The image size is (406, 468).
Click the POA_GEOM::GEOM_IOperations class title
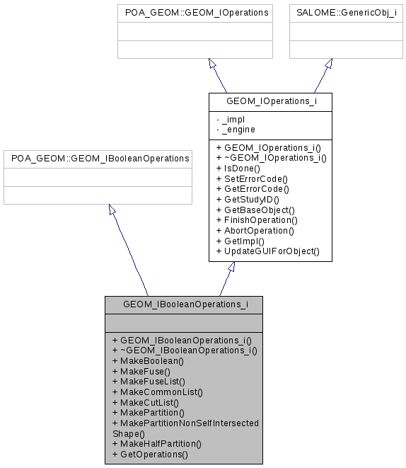(195, 13)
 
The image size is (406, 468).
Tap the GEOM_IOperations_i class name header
(271, 101)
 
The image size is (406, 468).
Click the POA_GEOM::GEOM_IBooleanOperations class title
(98, 159)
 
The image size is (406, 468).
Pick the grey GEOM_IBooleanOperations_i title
(184, 305)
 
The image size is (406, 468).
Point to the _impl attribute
(233, 120)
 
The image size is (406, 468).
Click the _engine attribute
(238, 130)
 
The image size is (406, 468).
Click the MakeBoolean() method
(148, 360)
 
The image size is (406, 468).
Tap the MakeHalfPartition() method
(156, 444)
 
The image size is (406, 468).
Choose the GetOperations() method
(150, 455)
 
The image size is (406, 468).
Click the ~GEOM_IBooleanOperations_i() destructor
(185, 350)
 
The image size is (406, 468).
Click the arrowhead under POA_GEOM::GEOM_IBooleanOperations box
(110, 210)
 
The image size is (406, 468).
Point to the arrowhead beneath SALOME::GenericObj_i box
(329, 63)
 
